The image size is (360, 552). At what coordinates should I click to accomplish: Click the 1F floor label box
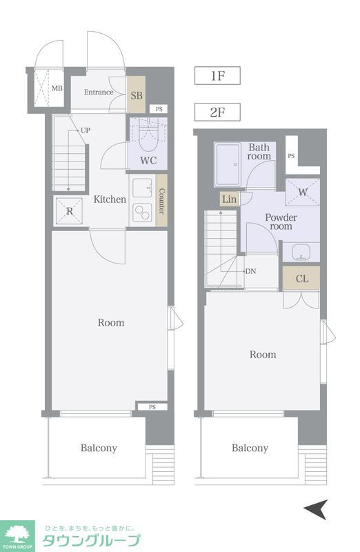coord(217,76)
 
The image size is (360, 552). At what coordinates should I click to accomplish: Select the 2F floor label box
coord(217,112)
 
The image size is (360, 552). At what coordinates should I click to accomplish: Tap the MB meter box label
coord(57,88)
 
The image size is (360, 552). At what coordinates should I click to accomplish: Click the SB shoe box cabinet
coord(136,95)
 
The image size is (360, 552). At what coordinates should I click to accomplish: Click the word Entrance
coord(99,92)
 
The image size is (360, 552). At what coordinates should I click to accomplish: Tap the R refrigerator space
coord(69,211)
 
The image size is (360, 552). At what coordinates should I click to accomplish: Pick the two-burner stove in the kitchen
coord(142,213)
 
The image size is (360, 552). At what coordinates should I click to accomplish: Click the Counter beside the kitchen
coord(161,201)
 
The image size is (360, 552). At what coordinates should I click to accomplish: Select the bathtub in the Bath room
coord(228,164)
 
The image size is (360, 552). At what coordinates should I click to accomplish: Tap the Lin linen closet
coord(229,199)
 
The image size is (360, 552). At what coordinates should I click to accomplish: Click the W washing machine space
coord(303,193)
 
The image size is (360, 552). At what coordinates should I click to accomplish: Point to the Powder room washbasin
coord(301,252)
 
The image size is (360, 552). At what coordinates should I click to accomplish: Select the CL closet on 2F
coord(301,279)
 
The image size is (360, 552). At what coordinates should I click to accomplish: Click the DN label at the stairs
coord(250,271)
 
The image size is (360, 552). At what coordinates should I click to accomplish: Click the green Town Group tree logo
coord(17,536)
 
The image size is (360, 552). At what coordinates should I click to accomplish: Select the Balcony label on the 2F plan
coord(250,448)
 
